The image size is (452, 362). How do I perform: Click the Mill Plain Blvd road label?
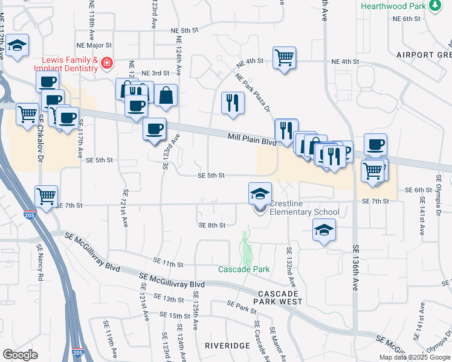pyautogui.click(x=251, y=139)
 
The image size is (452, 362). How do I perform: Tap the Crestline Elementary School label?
pyautogui.click(x=304, y=208)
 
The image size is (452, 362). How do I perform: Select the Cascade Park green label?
pyautogui.click(x=244, y=269)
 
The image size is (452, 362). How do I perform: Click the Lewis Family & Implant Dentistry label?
pyautogui.click(x=69, y=64)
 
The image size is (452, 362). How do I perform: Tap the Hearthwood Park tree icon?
pyautogui.click(x=435, y=6)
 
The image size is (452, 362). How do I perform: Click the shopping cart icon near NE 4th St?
pyautogui.click(x=284, y=58)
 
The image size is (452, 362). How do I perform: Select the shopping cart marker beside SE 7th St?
pyautogui.click(x=47, y=195)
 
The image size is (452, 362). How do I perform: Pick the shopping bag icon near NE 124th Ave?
pyautogui.click(x=166, y=95)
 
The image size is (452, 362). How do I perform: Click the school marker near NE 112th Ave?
pyautogui.click(x=18, y=45)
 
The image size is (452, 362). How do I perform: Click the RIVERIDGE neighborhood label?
pyautogui.click(x=227, y=346)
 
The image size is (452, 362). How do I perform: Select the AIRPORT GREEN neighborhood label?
pyautogui.click(x=424, y=54)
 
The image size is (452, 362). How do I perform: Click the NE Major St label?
pyautogui.click(x=95, y=45)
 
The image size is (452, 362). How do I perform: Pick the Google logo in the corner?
pyautogui.click(x=20, y=355)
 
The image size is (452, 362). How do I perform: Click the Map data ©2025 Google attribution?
pyautogui.click(x=415, y=357)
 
